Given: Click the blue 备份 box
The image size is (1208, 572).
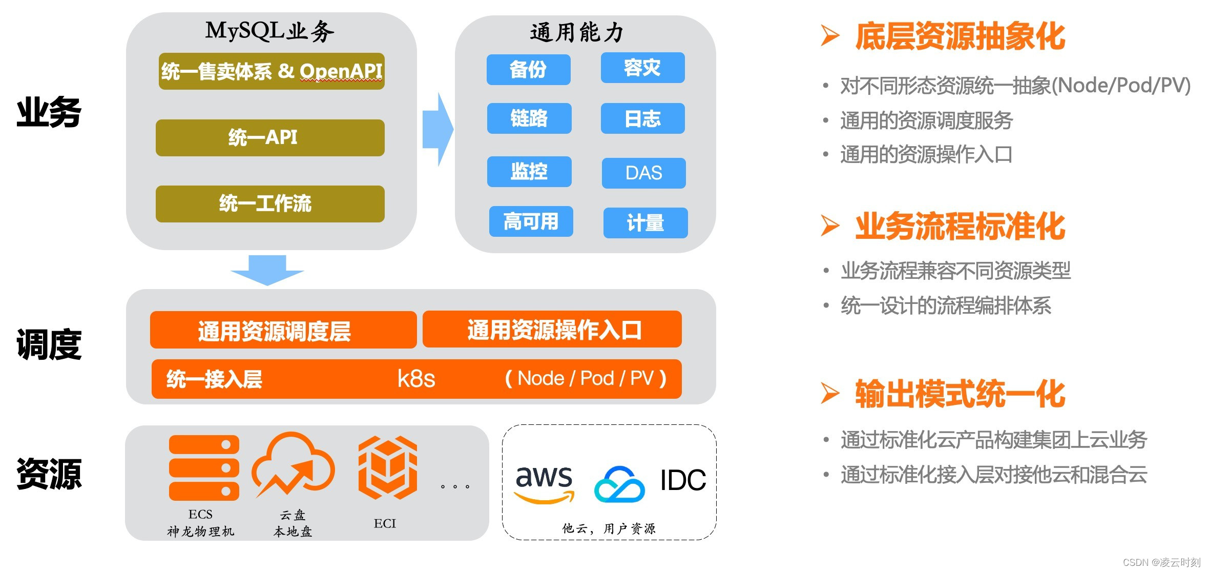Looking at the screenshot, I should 528,70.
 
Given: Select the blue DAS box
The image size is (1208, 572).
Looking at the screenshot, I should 643,173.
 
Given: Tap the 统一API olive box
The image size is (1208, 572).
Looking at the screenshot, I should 270,138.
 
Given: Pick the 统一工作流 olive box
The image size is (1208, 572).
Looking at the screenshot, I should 270,204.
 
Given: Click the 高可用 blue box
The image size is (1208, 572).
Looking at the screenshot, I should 531,222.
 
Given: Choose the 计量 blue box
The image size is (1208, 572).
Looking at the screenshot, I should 645,223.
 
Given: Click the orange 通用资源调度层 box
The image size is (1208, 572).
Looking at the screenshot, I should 283,330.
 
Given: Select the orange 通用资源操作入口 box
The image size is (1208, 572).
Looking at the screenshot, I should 552,330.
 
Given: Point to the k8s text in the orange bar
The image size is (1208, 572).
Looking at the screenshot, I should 416,379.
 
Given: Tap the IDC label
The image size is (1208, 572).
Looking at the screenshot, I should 683,480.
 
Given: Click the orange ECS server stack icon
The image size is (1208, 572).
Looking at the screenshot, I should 204,467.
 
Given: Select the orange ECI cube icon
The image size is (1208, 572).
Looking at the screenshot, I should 387,467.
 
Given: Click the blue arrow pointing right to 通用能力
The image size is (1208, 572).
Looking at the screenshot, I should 437,129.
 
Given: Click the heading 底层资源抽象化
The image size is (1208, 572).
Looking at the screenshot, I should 960,36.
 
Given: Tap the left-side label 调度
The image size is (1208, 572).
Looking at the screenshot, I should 49,344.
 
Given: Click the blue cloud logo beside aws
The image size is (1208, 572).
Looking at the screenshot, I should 619,484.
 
